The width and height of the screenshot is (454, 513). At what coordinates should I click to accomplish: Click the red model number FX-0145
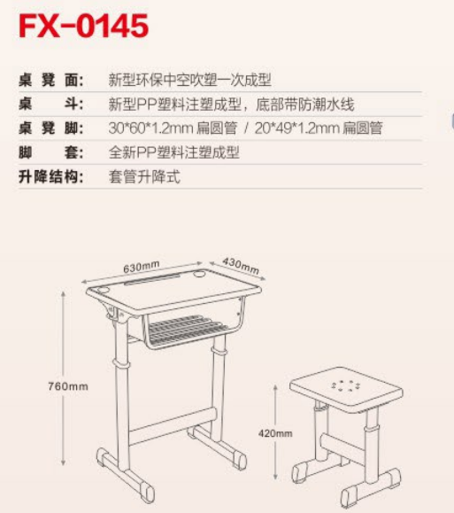pos(84,27)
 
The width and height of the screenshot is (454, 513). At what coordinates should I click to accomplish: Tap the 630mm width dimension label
pos(142,267)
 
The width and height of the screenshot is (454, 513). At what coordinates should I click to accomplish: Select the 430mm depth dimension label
pos(241,266)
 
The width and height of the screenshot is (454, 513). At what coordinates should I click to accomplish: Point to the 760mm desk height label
pos(68,386)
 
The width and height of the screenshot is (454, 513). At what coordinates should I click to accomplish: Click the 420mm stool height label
pos(275,434)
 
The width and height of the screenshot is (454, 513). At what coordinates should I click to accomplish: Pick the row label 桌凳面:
pos(51,80)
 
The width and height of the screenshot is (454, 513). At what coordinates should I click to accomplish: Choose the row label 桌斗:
pos(51,104)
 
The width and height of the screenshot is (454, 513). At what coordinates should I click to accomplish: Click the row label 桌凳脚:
pos(51,128)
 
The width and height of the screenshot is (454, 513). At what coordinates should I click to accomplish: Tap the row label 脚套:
pos(51,152)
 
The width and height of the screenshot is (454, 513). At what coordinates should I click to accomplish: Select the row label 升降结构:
pos(51,176)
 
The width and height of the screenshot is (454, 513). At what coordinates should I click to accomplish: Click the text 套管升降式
pos(144,176)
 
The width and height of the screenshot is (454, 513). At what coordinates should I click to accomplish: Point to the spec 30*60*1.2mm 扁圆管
pos(173,128)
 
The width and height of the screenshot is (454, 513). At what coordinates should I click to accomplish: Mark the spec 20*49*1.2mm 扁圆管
pos(319,128)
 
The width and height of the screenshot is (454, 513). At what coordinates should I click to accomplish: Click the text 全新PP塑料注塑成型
pos(173,152)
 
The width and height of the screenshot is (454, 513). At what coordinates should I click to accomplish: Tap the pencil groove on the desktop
pos(152,280)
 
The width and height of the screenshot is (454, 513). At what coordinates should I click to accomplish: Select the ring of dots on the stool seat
pos(346,385)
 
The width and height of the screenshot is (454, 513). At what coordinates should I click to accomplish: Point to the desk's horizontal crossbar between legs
pos(173,424)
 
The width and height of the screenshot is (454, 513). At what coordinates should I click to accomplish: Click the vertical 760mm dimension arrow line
pos(64,378)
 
